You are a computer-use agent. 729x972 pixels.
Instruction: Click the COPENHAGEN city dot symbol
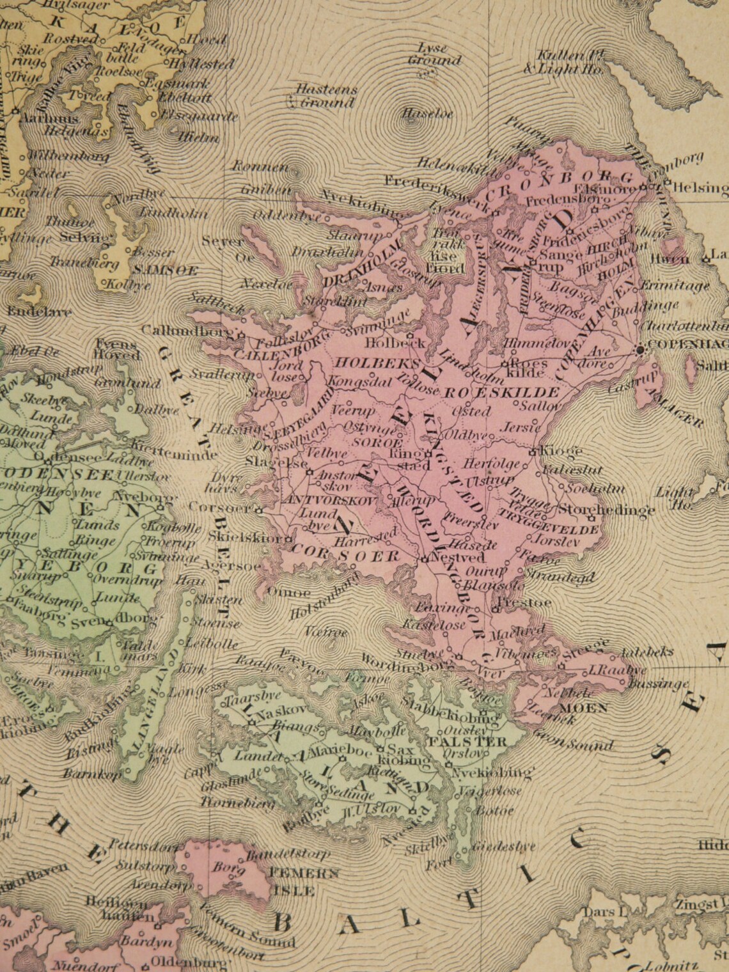[x=639, y=349]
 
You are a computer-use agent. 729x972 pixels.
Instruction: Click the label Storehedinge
[x=606, y=510]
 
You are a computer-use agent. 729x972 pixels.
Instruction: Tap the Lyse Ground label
[x=435, y=55]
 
